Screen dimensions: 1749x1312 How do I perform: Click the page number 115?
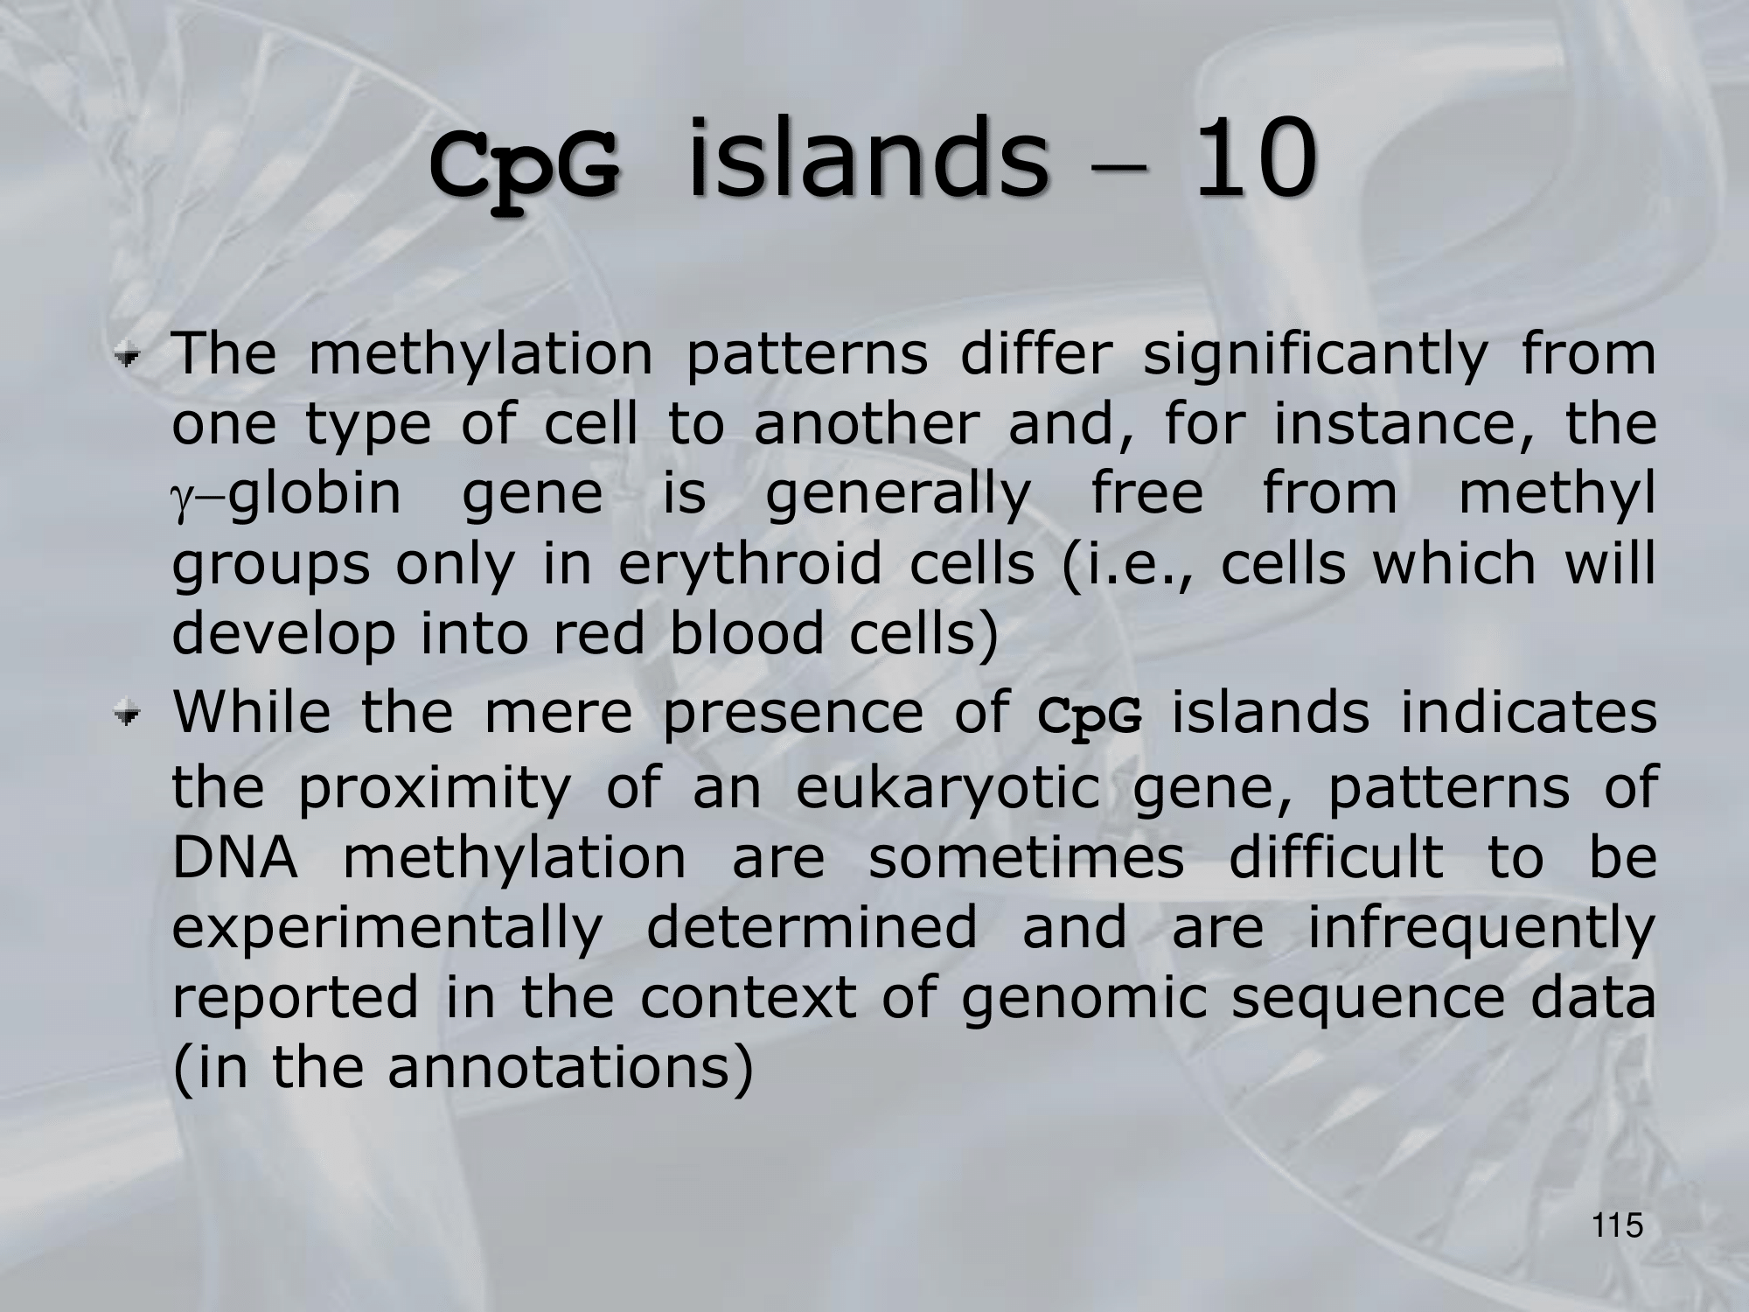click(1618, 1225)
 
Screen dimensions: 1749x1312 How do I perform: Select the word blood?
click(747, 633)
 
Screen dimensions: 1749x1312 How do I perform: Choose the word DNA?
click(234, 857)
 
